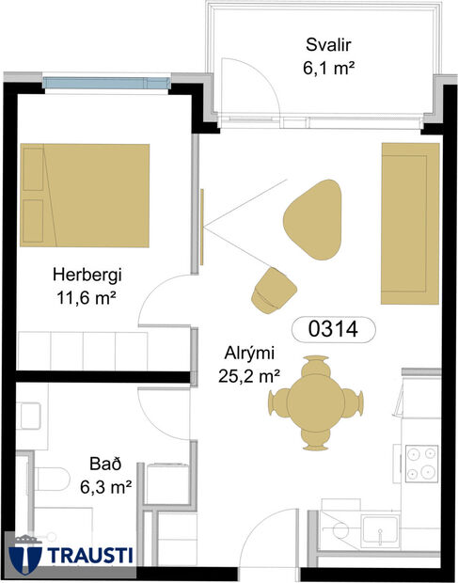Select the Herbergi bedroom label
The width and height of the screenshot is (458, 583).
click(x=87, y=276)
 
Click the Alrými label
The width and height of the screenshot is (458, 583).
click(x=248, y=354)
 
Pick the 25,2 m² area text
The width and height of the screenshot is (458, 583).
click(x=248, y=376)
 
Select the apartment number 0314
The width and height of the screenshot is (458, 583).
click(x=333, y=329)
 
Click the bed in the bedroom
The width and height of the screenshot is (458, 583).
click(x=85, y=194)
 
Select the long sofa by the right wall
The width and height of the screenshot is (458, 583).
click(x=410, y=223)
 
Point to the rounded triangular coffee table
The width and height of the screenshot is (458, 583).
click(x=312, y=219)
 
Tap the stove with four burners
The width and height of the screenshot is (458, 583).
click(x=420, y=461)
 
